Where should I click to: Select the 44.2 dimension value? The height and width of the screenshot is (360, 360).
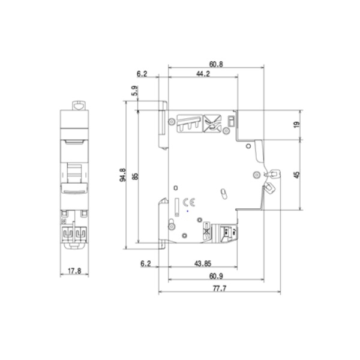[203, 74]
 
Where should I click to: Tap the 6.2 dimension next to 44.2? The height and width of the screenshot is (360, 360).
[142, 74]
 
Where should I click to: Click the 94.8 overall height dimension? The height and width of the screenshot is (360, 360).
[123, 175]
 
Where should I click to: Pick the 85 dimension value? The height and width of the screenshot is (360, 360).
[135, 175]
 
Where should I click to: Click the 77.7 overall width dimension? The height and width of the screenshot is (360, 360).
[218, 289]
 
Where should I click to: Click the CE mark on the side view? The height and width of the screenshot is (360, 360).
[188, 202]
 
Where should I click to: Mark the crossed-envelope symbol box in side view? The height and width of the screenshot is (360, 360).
[212, 122]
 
